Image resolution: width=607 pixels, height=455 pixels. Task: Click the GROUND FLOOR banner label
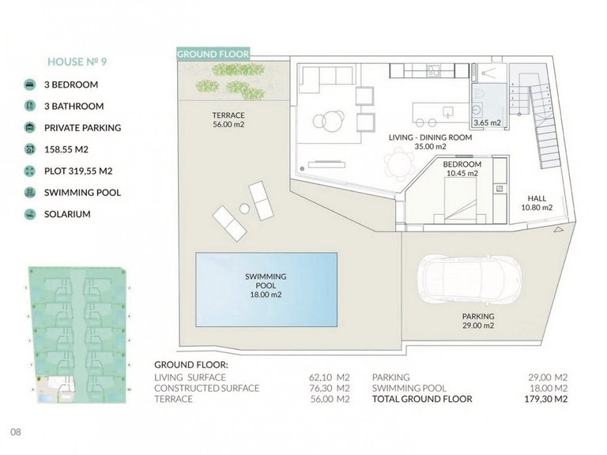pyautogui.click(x=213, y=54)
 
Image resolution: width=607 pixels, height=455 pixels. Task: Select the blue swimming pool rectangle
pyautogui.click(x=266, y=285)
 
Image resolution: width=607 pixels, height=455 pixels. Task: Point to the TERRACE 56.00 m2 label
pyautogui.click(x=228, y=119)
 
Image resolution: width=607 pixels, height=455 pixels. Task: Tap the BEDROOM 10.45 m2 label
pyautogui.click(x=462, y=168)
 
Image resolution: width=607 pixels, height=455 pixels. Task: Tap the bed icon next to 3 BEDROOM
pyautogui.click(x=29, y=84)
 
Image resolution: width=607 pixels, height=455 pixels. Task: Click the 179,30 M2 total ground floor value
pyautogui.click(x=549, y=399)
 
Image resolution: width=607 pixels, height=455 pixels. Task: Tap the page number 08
pyautogui.click(x=15, y=432)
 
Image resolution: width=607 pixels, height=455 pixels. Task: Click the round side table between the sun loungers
pyautogui.click(x=244, y=208)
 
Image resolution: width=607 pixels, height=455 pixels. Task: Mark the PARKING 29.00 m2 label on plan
pyautogui.click(x=478, y=321)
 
